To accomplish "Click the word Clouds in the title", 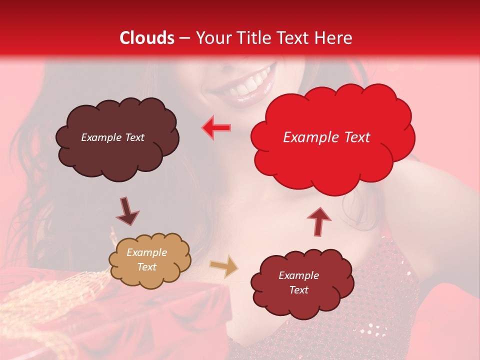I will (147, 38).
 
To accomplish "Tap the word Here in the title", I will (334, 38).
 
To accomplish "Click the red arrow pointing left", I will (216, 127).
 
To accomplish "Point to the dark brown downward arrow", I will (127, 211).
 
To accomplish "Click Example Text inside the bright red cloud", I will (326, 137).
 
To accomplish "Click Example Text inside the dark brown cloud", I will (112, 137).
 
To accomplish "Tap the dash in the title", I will (184, 38).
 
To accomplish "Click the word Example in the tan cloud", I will (147, 252).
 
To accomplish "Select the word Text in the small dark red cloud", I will (298, 290).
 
